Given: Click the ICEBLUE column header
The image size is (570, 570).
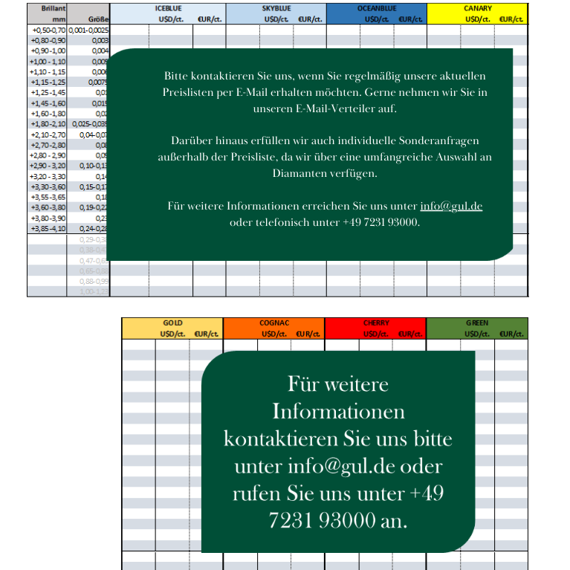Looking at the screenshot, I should coord(168,7).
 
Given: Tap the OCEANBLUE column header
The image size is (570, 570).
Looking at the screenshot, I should coord(376,7).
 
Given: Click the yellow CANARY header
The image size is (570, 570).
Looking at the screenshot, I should coord(477,7).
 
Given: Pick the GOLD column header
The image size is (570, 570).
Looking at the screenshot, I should coord(172,323).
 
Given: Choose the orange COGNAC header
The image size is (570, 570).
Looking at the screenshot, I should coord(274,323).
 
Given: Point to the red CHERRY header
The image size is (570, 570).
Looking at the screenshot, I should coord(376,323).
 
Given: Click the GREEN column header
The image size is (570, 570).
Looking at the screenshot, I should coord(477,323).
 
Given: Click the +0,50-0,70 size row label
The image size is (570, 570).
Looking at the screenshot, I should coord(49,30).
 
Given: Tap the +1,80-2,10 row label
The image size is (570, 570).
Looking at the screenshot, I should coord(49,123).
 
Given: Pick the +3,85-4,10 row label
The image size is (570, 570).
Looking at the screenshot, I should coord(49,229).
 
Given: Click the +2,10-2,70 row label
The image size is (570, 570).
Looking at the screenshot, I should coord(49,135).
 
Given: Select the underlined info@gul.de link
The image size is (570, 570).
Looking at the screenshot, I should coord(451,206).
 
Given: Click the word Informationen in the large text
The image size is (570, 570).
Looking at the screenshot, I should coord(338,411).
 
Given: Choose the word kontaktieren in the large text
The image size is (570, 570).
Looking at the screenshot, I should coord(280,438).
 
